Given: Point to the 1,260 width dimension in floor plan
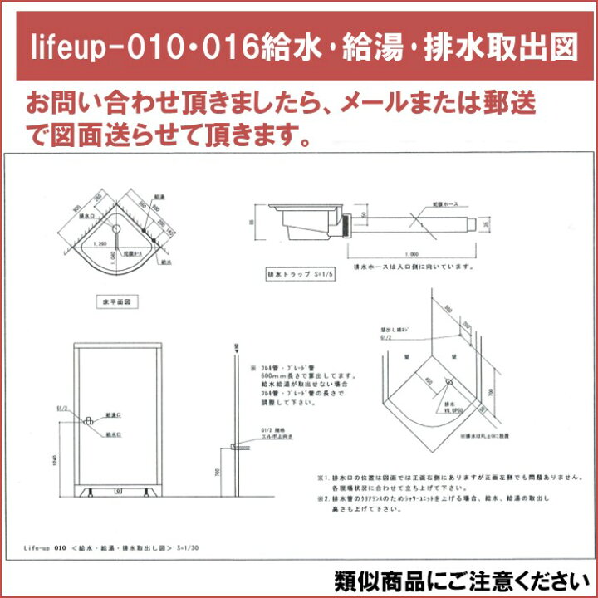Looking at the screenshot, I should coord(101,244).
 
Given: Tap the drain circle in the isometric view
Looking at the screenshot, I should coord(448,383).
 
